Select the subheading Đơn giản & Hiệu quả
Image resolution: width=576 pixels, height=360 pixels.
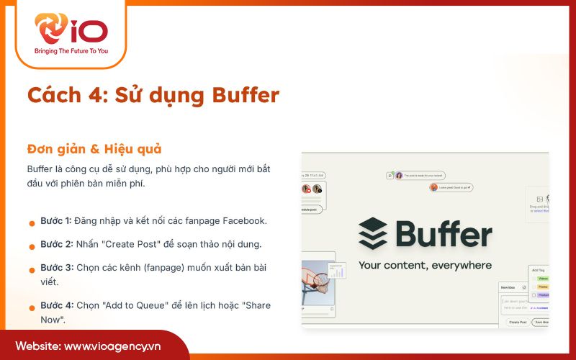94,149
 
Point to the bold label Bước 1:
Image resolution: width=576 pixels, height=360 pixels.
55,220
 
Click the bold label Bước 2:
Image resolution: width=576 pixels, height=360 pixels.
55,243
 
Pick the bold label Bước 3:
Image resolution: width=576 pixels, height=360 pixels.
55,267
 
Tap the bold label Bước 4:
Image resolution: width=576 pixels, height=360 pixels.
55,305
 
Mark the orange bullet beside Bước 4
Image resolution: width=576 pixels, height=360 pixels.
32,308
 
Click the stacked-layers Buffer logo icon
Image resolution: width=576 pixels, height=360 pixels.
372,234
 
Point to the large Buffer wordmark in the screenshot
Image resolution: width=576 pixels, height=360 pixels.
444,234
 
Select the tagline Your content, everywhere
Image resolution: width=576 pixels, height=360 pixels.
425,265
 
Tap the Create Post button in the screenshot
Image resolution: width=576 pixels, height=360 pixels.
517,322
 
